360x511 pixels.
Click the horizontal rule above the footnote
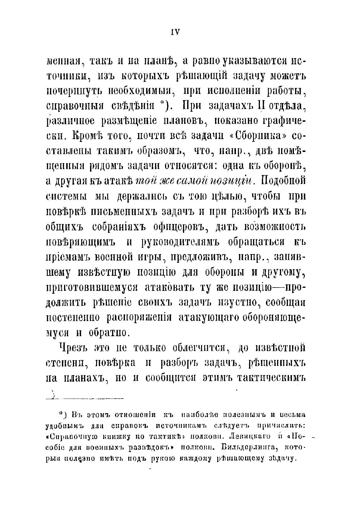click(86, 398)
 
